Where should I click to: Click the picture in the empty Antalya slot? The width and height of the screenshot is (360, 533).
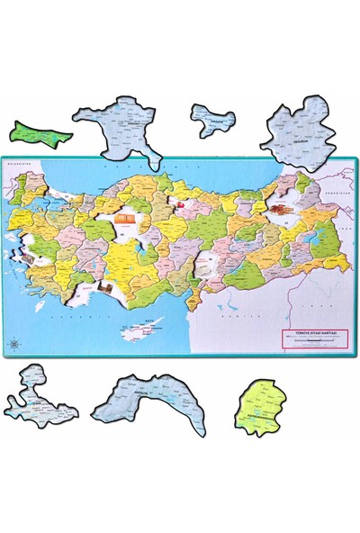tap(106, 290)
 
